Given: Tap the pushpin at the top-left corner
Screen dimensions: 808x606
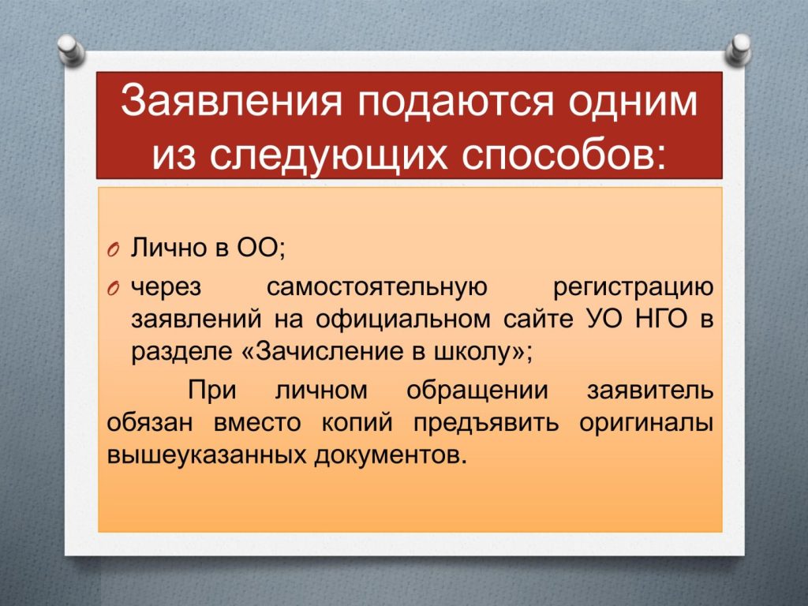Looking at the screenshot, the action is pos(70,49).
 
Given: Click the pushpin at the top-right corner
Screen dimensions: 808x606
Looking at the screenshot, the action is pos(738,49).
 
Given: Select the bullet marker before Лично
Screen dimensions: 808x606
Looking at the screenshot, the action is pos(114,249).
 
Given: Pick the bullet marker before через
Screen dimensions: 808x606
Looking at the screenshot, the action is pos(114,289).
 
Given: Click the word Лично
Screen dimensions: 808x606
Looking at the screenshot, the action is pos(168,247).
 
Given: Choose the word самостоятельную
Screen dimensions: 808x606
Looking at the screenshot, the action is pos(376,286).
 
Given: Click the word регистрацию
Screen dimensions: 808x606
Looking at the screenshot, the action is pos(634,288).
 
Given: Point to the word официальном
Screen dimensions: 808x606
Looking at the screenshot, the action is pos(403,319).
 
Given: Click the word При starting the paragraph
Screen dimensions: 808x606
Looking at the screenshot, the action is pos(211,390).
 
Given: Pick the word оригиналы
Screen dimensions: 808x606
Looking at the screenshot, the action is pos(646,423).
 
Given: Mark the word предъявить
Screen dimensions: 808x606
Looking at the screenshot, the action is pos(486,423).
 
